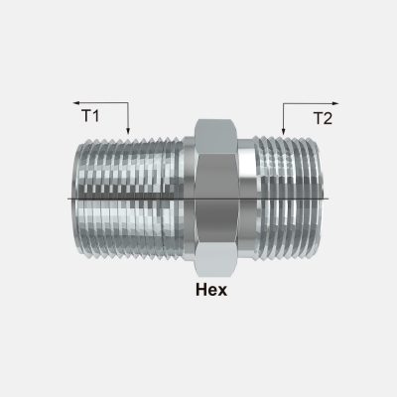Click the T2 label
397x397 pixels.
(323, 117)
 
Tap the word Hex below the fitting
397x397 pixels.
(211, 291)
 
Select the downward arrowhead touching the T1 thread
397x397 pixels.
(129, 130)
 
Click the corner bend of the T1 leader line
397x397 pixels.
(129, 101)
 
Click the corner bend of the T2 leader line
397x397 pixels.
(284, 102)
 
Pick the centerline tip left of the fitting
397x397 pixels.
(67, 198)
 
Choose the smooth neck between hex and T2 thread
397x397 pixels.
(248, 198)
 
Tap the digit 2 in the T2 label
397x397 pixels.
(329, 117)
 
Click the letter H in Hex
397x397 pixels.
(200, 291)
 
